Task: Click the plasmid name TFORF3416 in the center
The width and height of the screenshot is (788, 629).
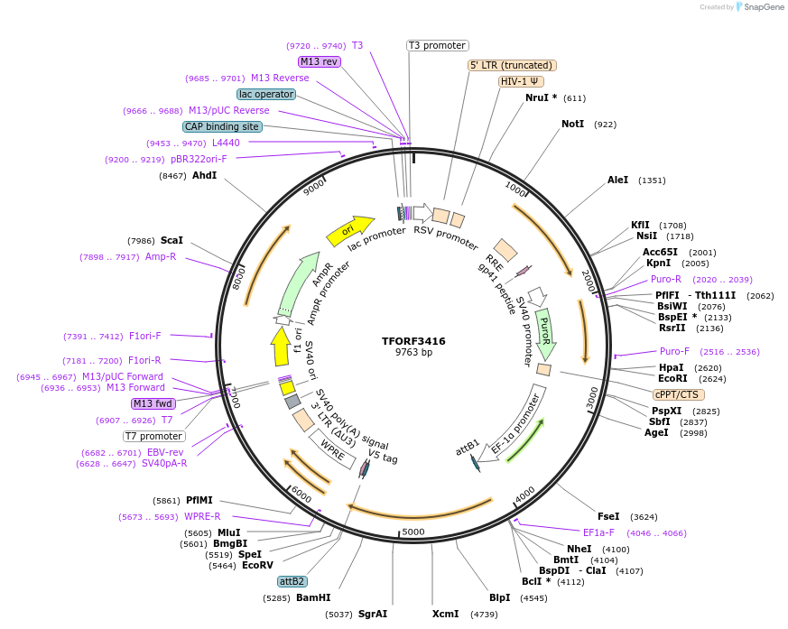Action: click(x=413, y=341)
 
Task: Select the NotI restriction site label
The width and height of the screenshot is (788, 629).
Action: click(x=572, y=124)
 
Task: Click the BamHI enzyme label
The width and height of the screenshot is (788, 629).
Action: click(x=313, y=597)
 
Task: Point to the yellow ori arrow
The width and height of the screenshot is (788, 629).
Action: click(x=350, y=231)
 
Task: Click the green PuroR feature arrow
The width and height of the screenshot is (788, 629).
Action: click(x=545, y=332)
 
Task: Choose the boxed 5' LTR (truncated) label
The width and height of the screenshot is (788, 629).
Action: click(x=512, y=65)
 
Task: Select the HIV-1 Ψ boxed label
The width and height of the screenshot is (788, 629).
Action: click(x=521, y=81)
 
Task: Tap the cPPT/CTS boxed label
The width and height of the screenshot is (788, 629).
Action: click(x=676, y=394)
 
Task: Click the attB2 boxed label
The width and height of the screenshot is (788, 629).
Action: click(x=292, y=581)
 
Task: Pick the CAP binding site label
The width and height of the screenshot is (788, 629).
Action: click(x=222, y=126)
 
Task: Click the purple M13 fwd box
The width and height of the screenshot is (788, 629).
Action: click(x=153, y=403)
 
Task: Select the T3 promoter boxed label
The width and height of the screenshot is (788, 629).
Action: click(x=437, y=45)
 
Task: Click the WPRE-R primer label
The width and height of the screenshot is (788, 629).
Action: click(x=202, y=516)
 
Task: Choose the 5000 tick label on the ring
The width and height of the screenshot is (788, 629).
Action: click(x=413, y=532)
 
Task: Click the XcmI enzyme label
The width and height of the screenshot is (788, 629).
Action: click(x=445, y=614)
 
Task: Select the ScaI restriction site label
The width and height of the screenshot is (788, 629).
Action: click(x=172, y=240)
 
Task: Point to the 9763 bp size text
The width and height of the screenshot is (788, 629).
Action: click(x=413, y=352)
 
